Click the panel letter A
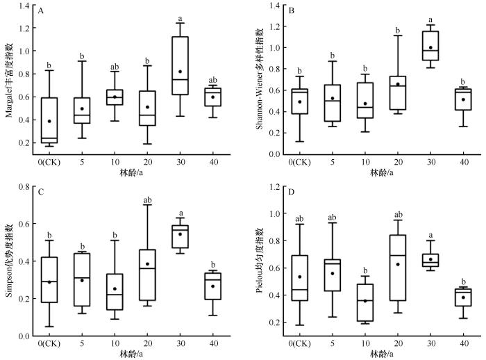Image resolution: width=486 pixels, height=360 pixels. tap(42, 12)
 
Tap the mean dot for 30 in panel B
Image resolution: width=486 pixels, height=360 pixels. tap(430, 48)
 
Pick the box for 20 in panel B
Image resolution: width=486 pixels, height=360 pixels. tap(397, 92)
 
